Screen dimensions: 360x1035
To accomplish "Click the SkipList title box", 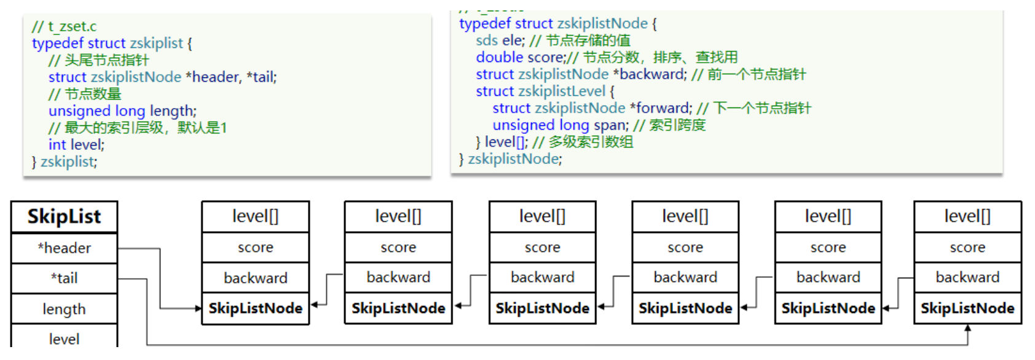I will [64, 217].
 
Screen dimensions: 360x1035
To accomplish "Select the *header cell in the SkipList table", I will [64, 248].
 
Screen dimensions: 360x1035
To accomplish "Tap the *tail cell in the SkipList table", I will [64, 278].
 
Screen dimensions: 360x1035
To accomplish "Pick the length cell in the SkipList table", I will [64, 309].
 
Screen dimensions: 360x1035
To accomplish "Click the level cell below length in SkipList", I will [64, 338].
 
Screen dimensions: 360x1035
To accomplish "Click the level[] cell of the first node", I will [255, 216].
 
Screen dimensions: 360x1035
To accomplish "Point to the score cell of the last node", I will [967, 248].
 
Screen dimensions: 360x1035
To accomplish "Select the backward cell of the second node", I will [398, 278].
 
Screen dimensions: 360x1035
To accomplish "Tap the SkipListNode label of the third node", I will [542, 308].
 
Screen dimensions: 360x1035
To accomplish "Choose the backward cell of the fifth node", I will [828, 278].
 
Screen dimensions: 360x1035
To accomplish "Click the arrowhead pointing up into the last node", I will [967, 329].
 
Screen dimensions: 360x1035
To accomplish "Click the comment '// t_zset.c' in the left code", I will [64, 26].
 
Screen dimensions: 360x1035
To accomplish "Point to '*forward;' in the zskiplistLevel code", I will [661, 108].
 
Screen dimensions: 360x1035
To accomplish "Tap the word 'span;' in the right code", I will [611, 125].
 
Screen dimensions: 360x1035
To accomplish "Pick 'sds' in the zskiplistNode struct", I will [487, 41].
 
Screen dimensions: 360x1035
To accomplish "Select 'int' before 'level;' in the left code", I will [57, 145].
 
